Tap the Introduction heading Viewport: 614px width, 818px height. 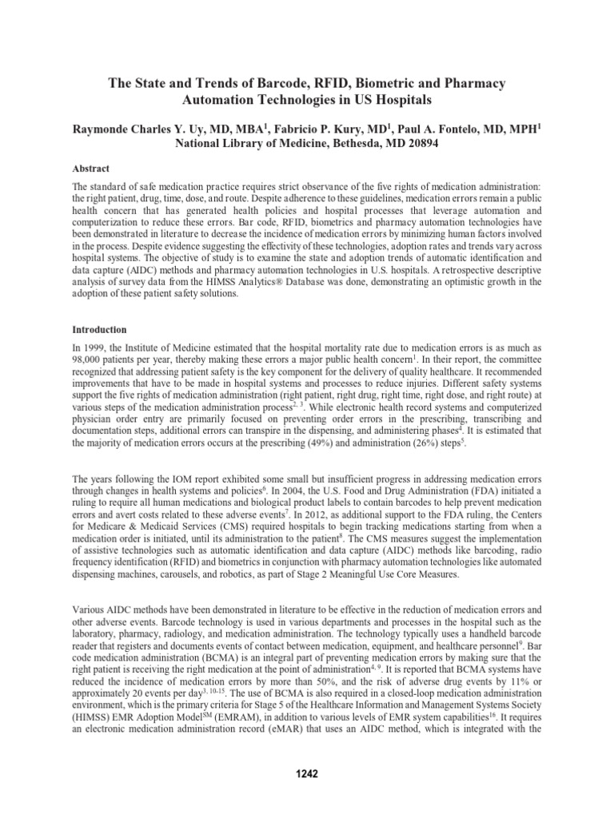click(101, 329)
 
